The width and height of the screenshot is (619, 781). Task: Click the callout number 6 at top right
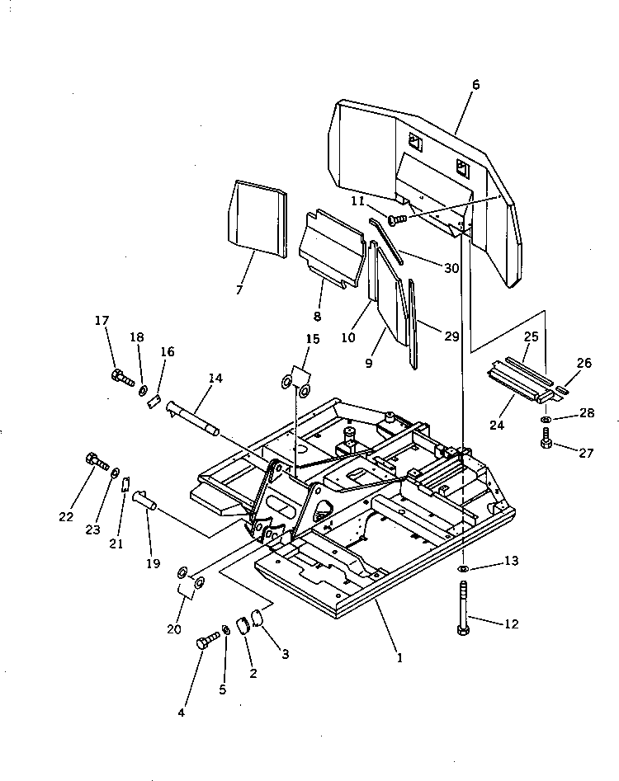pyautogui.click(x=476, y=85)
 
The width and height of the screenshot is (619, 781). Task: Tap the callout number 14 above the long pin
pyautogui.click(x=215, y=379)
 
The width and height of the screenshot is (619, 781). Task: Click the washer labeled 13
pyautogui.click(x=464, y=570)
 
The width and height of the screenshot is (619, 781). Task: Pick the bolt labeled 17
pyautogui.click(x=121, y=379)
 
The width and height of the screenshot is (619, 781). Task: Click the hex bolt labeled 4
pyautogui.click(x=206, y=641)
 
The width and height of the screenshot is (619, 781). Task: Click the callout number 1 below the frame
pyautogui.click(x=400, y=657)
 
